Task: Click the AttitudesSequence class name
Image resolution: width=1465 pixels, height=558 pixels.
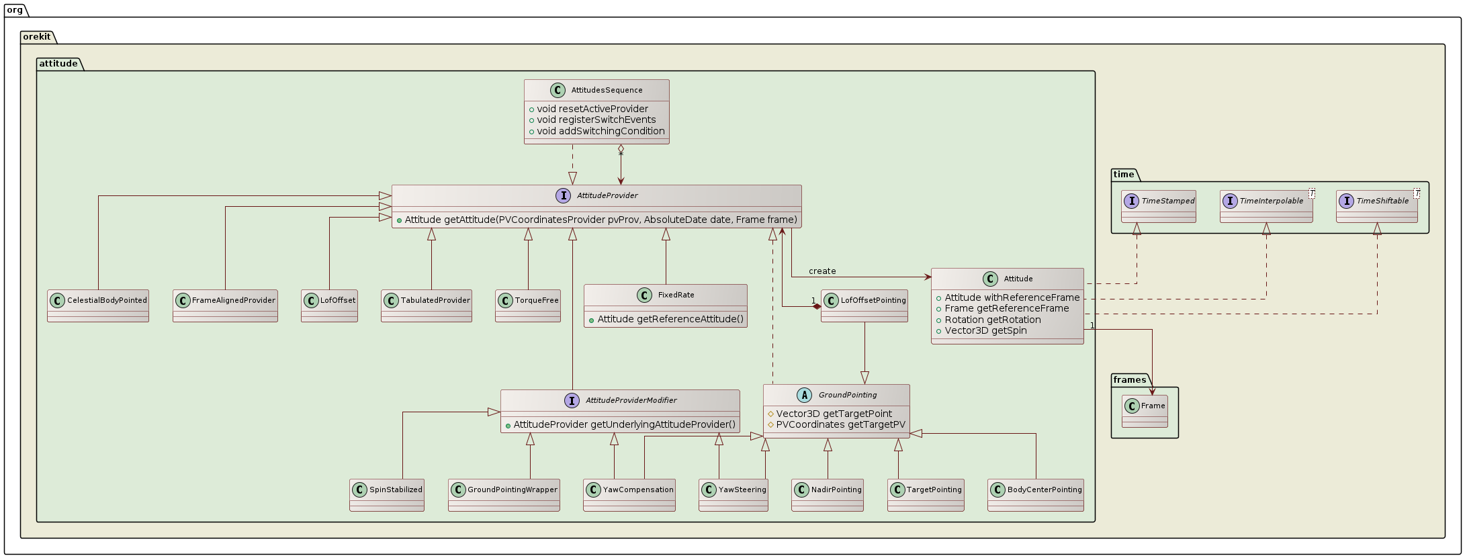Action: tap(606, 90)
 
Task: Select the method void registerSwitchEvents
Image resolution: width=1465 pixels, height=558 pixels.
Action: tap(596, 120)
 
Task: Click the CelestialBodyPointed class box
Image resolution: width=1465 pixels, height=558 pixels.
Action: tap(98, 306)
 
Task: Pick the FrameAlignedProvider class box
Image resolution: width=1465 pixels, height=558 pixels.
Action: tap(225, 306)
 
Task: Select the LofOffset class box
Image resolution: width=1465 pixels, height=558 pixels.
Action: tap(329, 306)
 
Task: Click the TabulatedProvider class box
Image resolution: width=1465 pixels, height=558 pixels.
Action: tap(427, 306)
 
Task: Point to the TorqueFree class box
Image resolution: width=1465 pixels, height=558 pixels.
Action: tap(528, 306)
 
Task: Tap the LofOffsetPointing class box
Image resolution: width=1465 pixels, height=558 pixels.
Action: tap(864, 306)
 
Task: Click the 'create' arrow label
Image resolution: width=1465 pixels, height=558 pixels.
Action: tap(822, 271)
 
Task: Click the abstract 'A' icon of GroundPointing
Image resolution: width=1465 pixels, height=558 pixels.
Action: tap(804, 396)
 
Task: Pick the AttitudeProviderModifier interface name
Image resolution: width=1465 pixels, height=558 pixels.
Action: tap(631, 400)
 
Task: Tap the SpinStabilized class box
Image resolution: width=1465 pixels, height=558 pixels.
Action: tap(387, 496)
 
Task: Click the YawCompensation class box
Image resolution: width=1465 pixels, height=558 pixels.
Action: tap(629, 496)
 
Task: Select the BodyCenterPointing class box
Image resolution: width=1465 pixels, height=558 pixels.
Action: tap(1036, 496)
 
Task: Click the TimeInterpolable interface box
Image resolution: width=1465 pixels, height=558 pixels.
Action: tap(1266, 206)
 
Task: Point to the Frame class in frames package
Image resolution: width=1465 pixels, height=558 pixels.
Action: tap(1145, 411)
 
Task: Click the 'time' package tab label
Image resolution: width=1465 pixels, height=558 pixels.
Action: tap(1123, 175)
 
